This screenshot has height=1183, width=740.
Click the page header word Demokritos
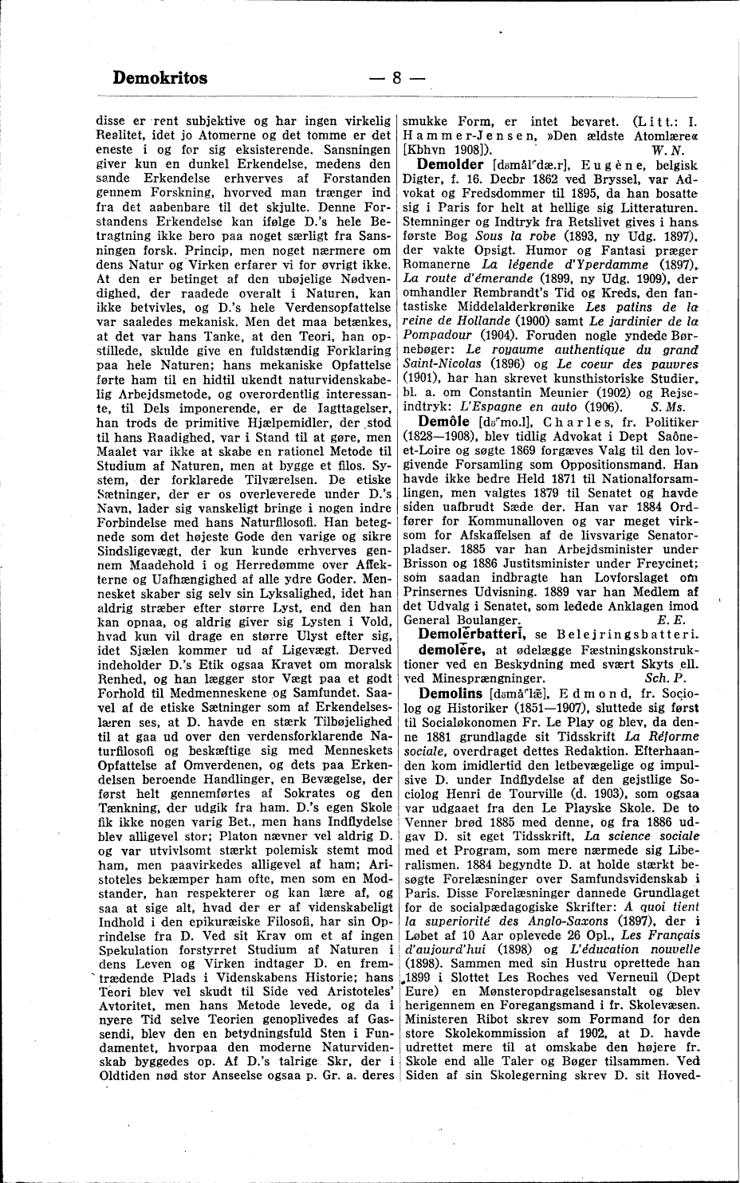[160, 77]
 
